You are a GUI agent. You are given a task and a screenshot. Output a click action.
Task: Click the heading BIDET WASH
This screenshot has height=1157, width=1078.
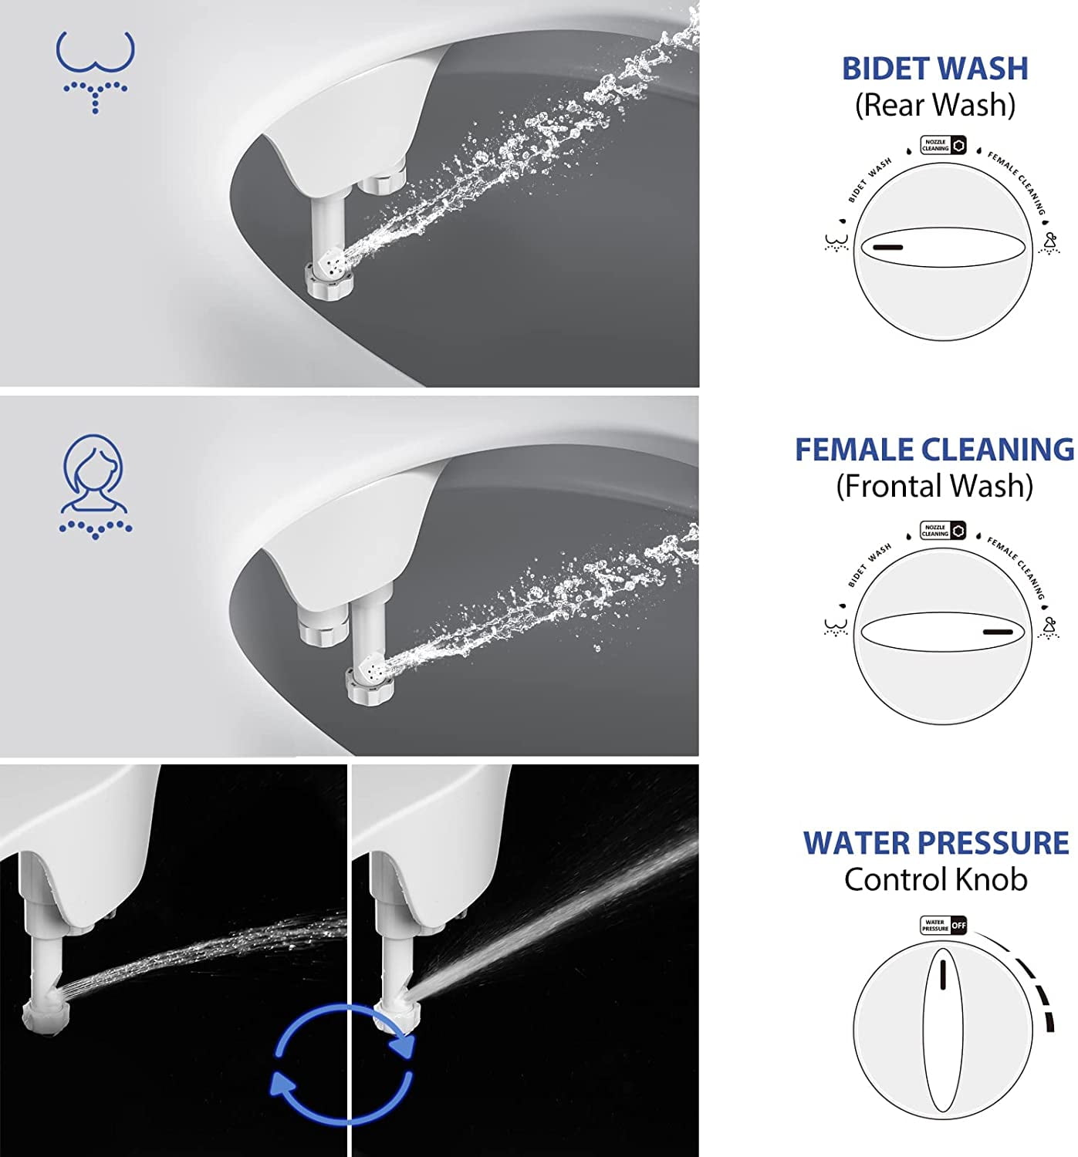coord(934,69)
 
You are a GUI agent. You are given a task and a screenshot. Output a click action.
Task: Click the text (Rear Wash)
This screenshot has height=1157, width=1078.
coord(934,105)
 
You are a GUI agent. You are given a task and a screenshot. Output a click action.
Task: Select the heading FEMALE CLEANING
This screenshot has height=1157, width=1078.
coord(934,450)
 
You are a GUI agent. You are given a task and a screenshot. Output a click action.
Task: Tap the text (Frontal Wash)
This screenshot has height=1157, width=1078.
coord(934,486)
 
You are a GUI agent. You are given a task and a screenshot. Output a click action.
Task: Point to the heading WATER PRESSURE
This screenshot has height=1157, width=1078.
coord(936,843)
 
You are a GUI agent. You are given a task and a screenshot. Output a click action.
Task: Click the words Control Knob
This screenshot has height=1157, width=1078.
coord(936,879)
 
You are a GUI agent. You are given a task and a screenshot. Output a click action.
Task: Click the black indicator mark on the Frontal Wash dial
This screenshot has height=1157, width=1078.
coord(997,632)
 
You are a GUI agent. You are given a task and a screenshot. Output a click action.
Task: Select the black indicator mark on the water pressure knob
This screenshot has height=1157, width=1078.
coord(942,977)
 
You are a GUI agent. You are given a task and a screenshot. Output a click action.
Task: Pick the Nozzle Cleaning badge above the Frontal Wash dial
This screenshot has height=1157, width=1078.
coord(943,531)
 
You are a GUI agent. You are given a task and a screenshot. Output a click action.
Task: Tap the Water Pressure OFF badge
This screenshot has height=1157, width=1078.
coord(943,925)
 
